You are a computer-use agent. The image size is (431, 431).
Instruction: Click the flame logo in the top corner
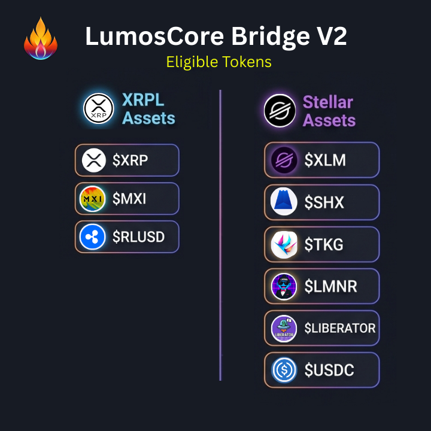point(41,39)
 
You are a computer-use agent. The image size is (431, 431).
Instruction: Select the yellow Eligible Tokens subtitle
point(218,62)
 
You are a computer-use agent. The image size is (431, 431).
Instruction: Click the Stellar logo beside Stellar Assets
point(280,111)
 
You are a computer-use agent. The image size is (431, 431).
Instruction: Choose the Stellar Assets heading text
point(329,111)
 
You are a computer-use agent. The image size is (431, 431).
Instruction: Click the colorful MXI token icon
point(93,199)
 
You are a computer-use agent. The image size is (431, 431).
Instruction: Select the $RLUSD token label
point(138,237)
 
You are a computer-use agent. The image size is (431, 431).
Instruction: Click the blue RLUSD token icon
point(93,237)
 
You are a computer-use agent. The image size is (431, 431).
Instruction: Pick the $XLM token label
point(325,160)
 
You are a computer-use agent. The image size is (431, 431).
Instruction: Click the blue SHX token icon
point(284,202)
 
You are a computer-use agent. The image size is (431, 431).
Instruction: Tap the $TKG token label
point(324,244)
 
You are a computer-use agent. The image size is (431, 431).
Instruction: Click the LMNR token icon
point(284,286)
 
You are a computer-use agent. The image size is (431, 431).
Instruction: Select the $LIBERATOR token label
point(340,328)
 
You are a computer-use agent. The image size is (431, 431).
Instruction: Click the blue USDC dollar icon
point(284,370)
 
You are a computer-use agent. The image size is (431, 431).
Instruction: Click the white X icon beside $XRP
point(93,160)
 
